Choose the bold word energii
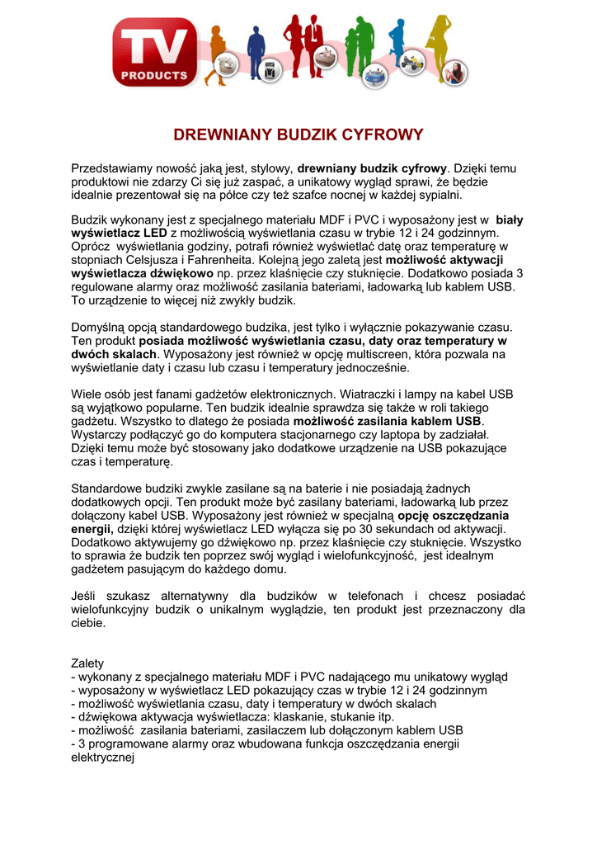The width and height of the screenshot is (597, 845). coord(92,529)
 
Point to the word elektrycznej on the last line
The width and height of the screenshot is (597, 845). coord(102,757)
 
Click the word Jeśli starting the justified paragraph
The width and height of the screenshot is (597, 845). coord(84,596)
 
